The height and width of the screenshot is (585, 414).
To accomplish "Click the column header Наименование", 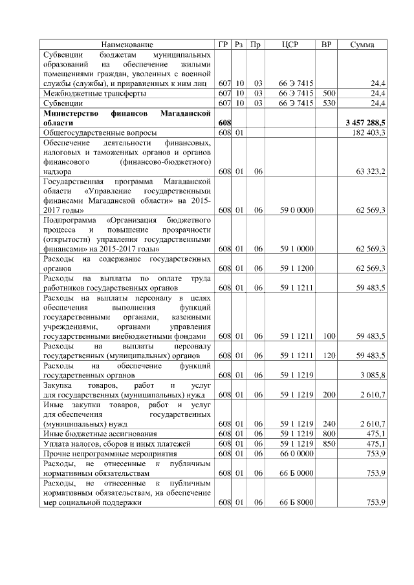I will point(127,45).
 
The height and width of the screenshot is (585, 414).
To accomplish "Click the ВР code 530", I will point(328,103).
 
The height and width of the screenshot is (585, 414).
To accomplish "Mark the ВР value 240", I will point(328,423).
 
